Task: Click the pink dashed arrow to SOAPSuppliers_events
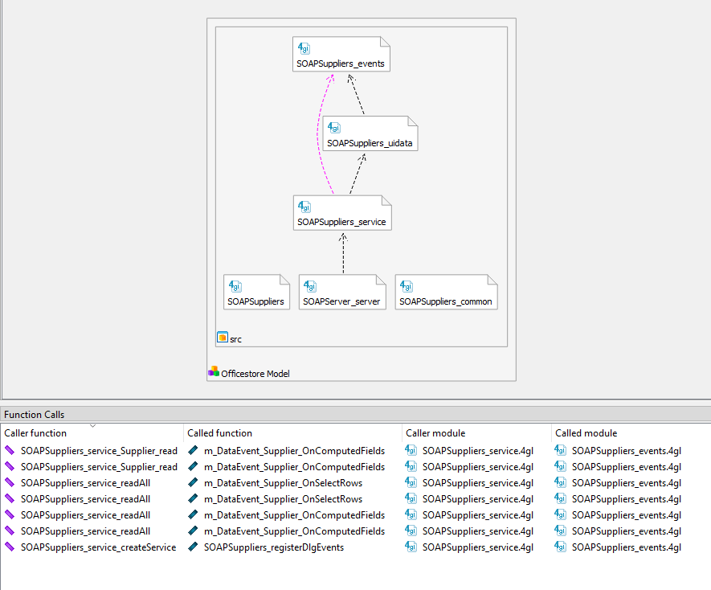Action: [319, 129]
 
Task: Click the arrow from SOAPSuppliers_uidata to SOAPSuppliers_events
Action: [358, 95]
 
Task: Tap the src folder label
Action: [235, 339]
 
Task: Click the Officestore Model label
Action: [255, 373]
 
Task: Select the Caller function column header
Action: [36, 433]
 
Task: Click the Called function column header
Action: [219, 433]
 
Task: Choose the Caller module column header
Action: [435, 433]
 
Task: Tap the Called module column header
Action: [586, 433]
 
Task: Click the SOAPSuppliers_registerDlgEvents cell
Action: [273, 547]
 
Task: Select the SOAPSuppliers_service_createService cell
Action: [98, 547]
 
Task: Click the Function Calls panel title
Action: [35, 415]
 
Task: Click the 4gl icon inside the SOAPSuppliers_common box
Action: [407, 286]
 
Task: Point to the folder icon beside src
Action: [223, 338]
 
